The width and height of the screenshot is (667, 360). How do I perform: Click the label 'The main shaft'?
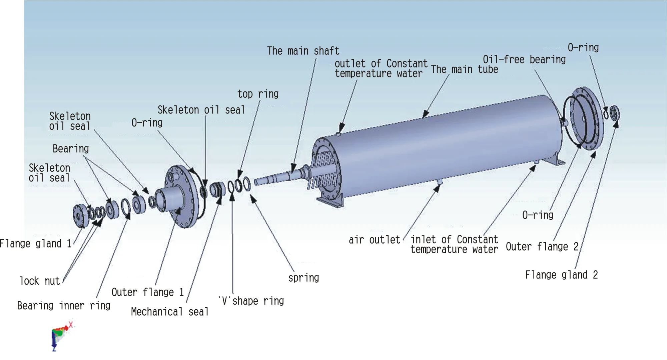[303, 51]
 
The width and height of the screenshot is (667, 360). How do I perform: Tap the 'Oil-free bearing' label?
[524, 59]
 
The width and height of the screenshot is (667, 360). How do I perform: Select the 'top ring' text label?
[258, 94]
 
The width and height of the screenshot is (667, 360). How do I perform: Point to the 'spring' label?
[303, 278]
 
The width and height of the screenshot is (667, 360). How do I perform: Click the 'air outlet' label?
[374, 240]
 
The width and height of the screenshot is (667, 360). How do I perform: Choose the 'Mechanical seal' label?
[170, 312]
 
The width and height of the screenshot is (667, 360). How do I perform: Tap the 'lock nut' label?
[40, 281]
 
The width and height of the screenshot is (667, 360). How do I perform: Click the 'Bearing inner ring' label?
[64, 306]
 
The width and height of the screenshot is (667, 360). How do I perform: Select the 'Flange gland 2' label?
[562, 275]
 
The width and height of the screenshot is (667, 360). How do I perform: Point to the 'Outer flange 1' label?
[148, 292]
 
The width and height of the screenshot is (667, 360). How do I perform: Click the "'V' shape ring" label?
[251, 301]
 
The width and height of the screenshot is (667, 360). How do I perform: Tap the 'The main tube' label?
[465, 69]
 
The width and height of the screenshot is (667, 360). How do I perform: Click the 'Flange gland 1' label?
[36, 244]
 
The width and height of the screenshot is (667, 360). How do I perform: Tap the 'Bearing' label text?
[71, 149]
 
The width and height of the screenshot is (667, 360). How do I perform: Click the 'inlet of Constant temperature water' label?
[454, 244]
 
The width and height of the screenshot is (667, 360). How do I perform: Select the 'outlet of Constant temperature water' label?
[381, 68]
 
